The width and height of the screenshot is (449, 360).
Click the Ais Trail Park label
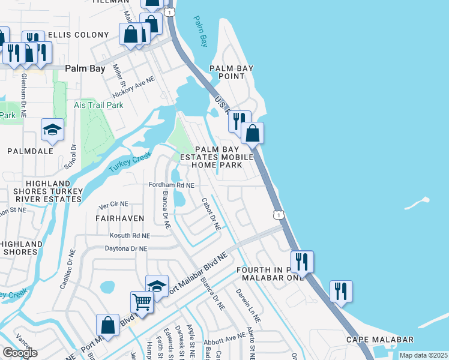tap(98, 105)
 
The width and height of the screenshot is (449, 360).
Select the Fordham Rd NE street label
tap(172, 186)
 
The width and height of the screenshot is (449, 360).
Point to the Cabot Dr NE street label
tap(211, 214)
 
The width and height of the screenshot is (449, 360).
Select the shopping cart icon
tap(142, 301)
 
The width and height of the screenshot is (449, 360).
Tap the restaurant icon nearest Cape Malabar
tap(341, 292)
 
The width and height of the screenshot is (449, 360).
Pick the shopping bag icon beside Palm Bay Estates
tap(253, 133)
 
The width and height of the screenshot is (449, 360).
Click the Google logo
tap(20, 353)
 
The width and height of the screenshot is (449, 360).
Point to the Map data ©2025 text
tap(423, 355)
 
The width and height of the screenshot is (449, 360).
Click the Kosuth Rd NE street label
tap(131, 236)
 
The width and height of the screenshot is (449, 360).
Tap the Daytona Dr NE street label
tap(126, 248)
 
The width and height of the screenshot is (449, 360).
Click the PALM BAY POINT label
tap(227, 72)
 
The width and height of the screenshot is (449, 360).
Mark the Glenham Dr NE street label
tap(25, 91)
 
